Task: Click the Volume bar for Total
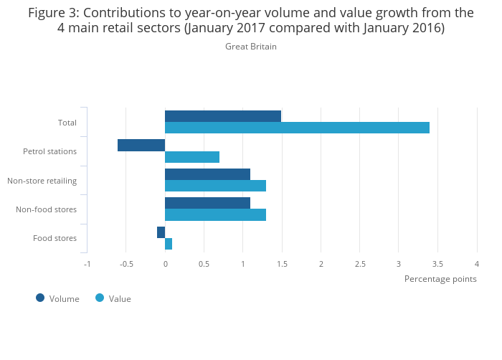223,116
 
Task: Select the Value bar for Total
297,128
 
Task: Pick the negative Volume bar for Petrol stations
141,146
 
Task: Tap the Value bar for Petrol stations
192,157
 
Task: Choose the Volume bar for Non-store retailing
207,174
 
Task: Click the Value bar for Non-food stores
215,214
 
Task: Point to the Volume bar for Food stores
161,232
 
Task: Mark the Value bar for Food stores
169,244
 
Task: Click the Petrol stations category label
49,152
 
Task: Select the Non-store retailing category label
42,181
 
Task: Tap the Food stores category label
55,238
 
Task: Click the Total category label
67,123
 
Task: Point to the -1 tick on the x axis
87,264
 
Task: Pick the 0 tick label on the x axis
165,264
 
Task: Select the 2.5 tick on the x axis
359,264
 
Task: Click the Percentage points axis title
440,279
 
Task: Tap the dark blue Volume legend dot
40,298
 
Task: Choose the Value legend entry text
120,299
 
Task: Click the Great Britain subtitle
250,47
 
